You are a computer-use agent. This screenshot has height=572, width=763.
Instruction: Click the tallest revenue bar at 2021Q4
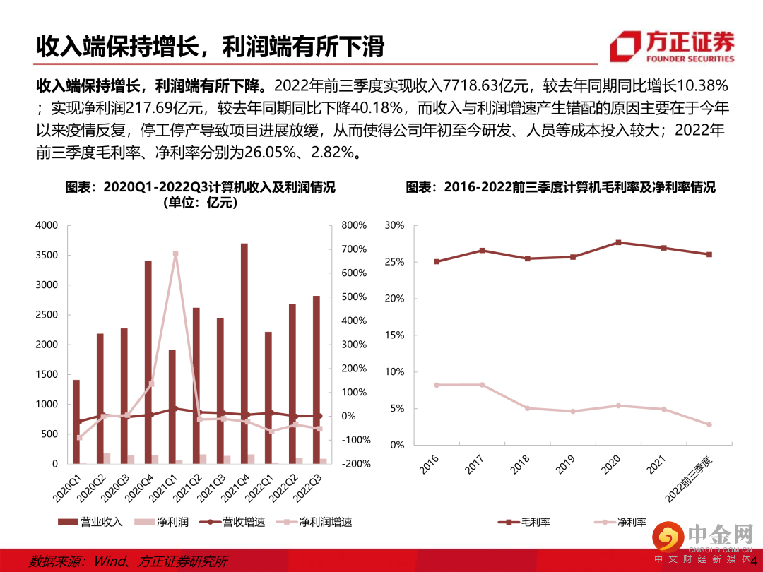[244, 353]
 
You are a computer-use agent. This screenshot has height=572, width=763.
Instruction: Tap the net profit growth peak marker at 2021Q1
[175, 254]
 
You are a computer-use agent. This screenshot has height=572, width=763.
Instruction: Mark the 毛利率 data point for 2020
[619, 242]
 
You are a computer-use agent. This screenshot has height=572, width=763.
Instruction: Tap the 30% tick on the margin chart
[394, 225]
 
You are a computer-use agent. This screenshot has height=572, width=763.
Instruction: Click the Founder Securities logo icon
[623, 47]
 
